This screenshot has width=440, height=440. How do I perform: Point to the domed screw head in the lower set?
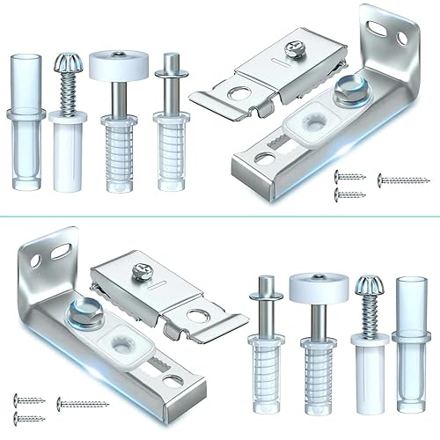coord(365,288)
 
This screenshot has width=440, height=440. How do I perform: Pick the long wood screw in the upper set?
coord(403,180)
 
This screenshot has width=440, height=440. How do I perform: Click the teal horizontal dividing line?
coord(220,216)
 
